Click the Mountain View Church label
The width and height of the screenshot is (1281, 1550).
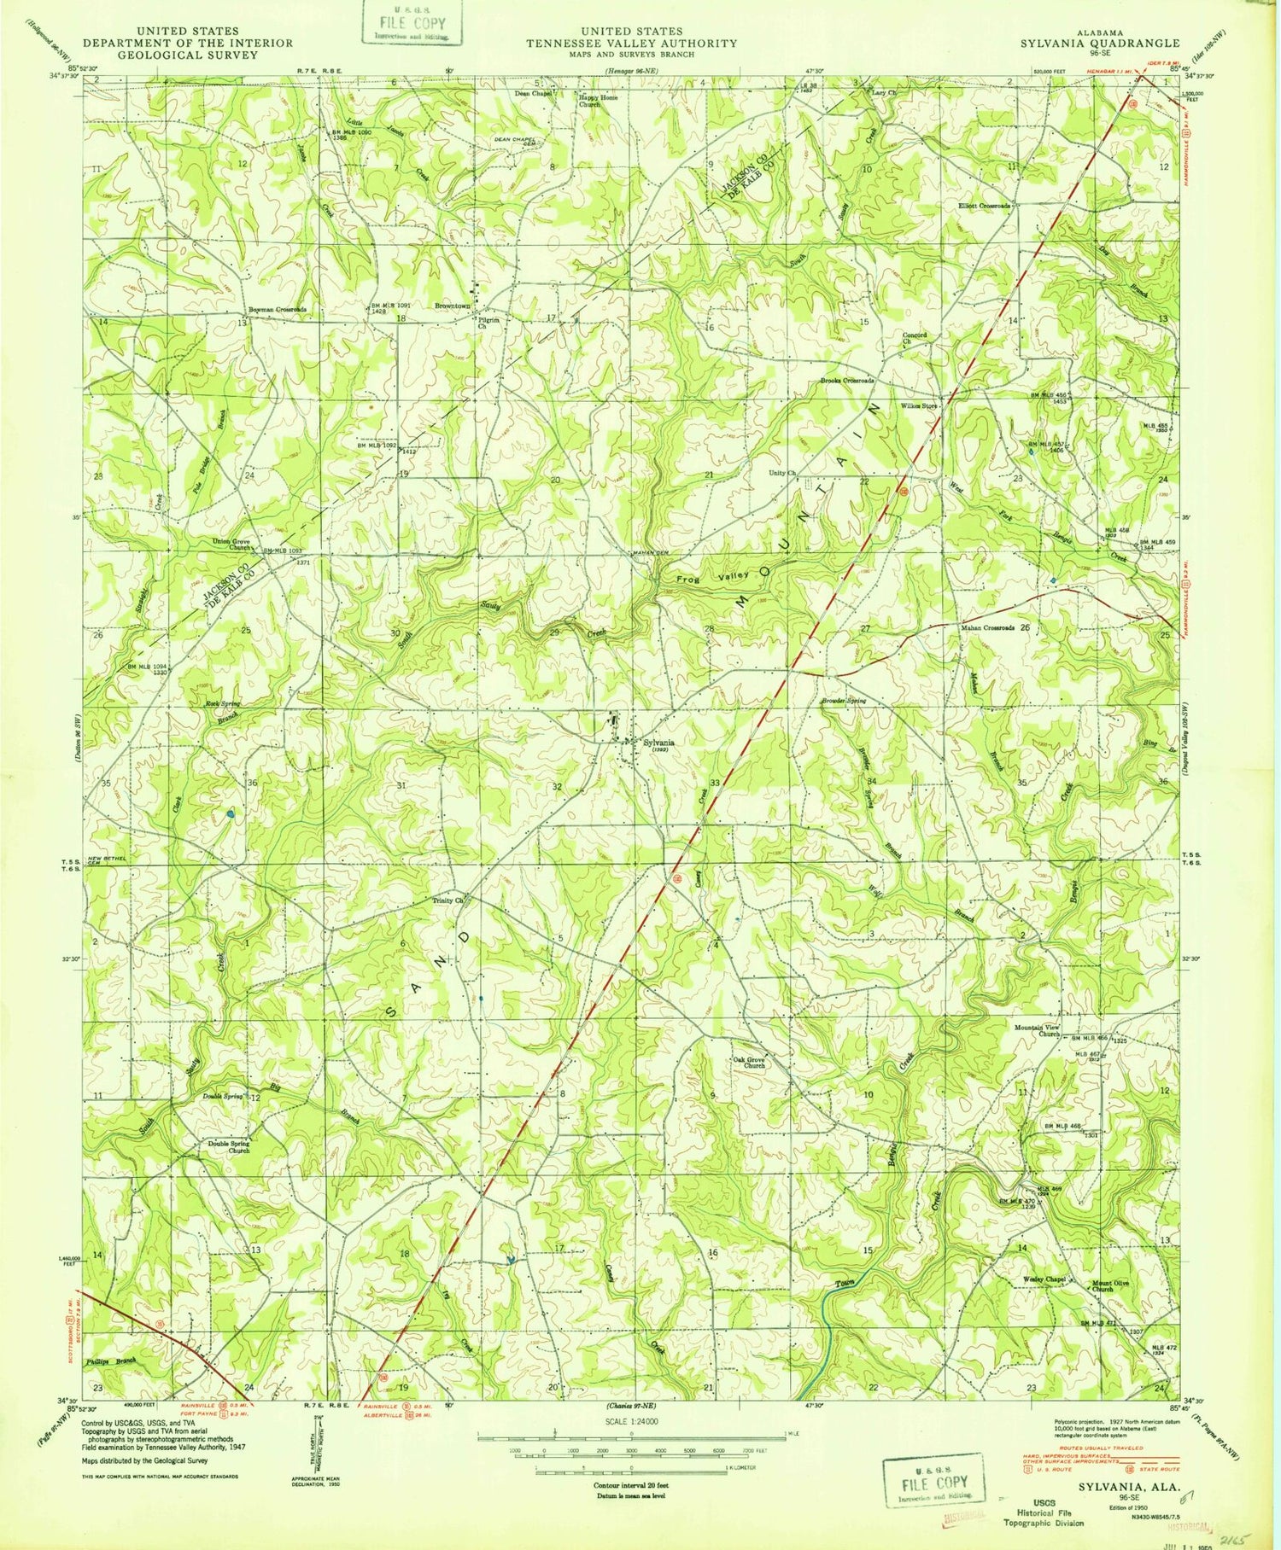click(1037, 1030)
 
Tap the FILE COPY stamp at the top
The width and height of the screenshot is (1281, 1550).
click(412, 25)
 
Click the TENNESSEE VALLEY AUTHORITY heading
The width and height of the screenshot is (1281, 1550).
click(631, 43)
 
